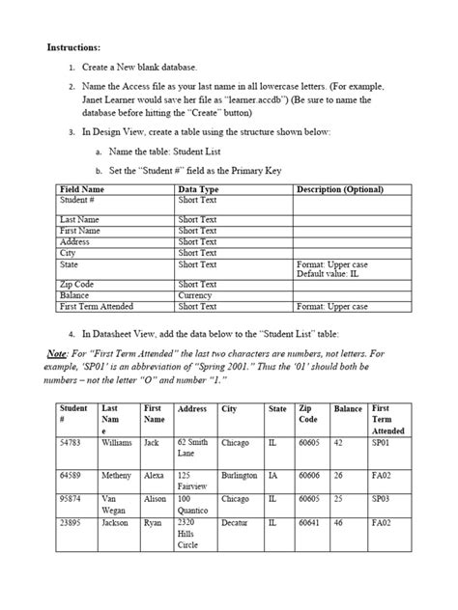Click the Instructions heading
(x=73, y=46)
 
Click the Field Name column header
(x=82, y=189)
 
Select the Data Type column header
(x=199, y=189)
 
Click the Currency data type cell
(x=196, y=295)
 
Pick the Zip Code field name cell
(x=80, y=285)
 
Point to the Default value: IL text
(x=330, y=274)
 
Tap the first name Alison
(x=155, y=499)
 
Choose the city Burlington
(x=239, y=476)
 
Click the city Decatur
(x=235, y=522)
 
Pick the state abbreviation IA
(x=273, y=476)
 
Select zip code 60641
(x=310, y=522)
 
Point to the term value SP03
(x=382, y=499)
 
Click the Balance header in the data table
(x=348, y=409)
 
